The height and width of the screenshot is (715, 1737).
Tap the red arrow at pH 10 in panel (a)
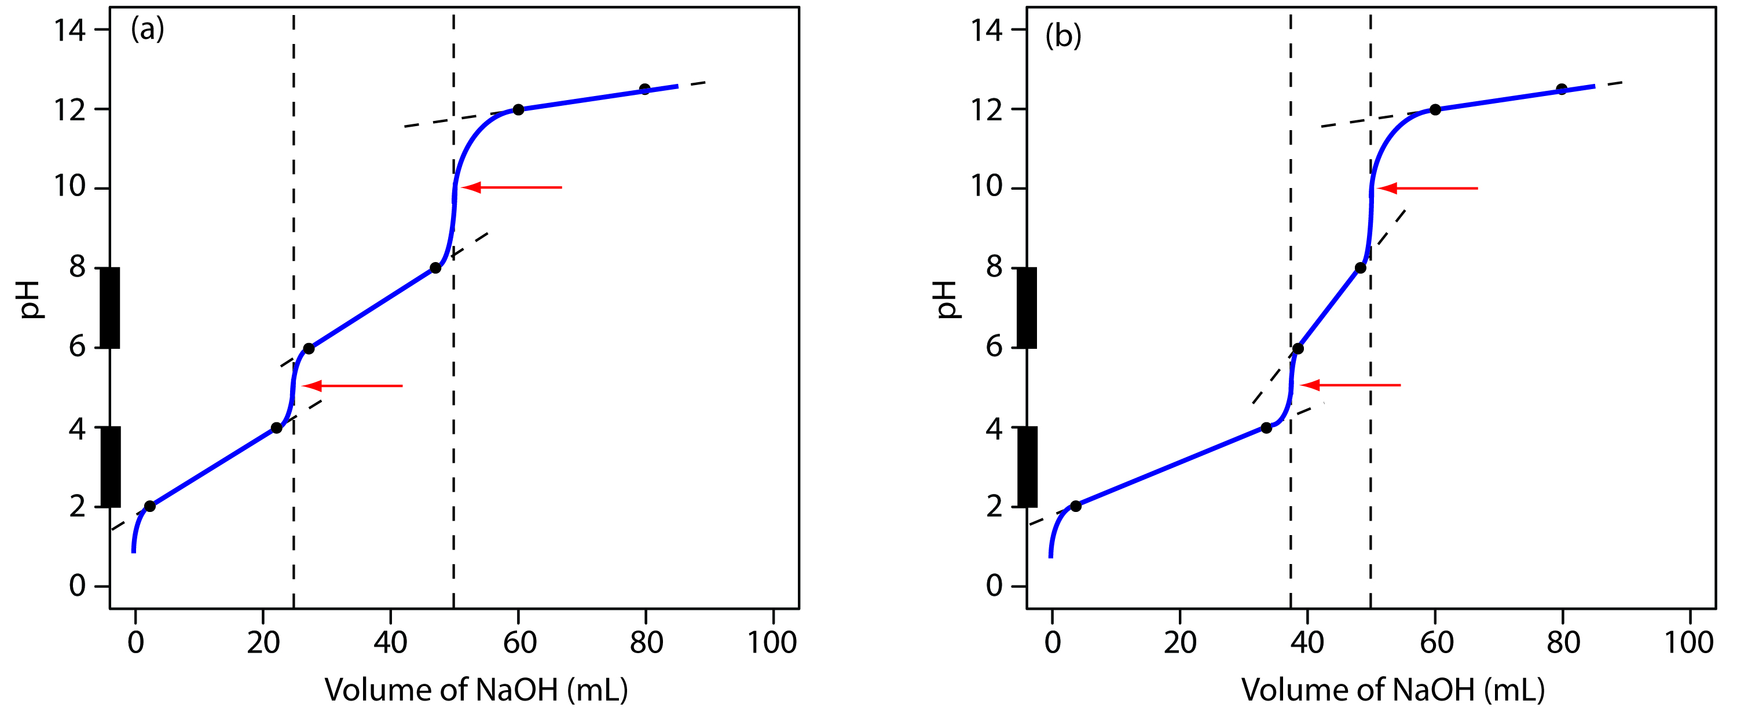point(512,187)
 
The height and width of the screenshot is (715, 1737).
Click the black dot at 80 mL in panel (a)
point(644,89)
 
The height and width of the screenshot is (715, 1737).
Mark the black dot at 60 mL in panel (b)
point(1435,110)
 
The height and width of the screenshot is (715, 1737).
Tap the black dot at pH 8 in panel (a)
point(435,268)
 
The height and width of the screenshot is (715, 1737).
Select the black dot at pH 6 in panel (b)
point(1298,349)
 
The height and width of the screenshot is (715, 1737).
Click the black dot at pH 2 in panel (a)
point(150,506)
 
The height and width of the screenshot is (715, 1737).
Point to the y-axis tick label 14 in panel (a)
point(69,30)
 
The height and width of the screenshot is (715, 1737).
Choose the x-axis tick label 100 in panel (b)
point(1688,642)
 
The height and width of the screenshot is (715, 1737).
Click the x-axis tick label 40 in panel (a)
point(390,642)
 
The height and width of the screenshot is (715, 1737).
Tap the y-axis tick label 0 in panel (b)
point(994,585)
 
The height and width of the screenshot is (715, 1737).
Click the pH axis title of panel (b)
point(947,299)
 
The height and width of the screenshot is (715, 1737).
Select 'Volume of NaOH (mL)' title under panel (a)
point(476,690)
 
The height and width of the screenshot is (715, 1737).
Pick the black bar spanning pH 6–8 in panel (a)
point(110,308)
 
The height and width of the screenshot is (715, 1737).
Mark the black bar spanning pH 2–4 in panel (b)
point(1027,467)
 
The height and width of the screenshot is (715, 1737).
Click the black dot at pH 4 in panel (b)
point(1266,428)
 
